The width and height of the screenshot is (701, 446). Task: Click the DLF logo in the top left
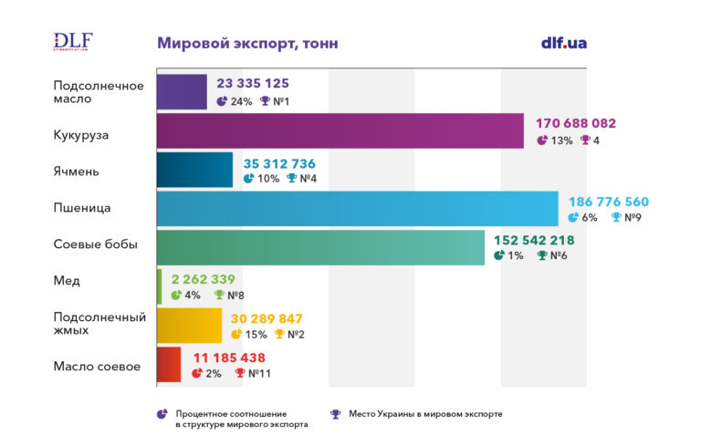pos(73,42)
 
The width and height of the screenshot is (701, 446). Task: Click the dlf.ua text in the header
pos(564,43)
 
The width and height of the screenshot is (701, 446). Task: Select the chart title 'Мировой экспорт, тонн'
pos(247,43)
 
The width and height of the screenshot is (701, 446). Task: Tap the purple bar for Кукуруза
pos(340,130)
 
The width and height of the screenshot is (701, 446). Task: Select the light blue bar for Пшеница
pos(357,208)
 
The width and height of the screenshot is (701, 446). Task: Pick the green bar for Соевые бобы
pos(320,247)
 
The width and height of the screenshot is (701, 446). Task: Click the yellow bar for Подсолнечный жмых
pos(190,326)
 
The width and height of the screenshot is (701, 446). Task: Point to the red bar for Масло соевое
pos(169,365)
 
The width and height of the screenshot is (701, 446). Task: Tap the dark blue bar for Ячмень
pos(194,169)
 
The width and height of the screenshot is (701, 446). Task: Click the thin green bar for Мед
pos(159,286)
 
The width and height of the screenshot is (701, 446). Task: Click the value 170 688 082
pos(576,123)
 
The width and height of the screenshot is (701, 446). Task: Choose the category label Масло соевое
pos(97,367)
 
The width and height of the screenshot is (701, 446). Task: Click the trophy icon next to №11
pos(240,373)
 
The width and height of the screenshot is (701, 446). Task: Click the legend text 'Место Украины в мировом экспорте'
pos(425,414)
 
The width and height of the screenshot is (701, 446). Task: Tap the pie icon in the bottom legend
pos(162,414)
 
